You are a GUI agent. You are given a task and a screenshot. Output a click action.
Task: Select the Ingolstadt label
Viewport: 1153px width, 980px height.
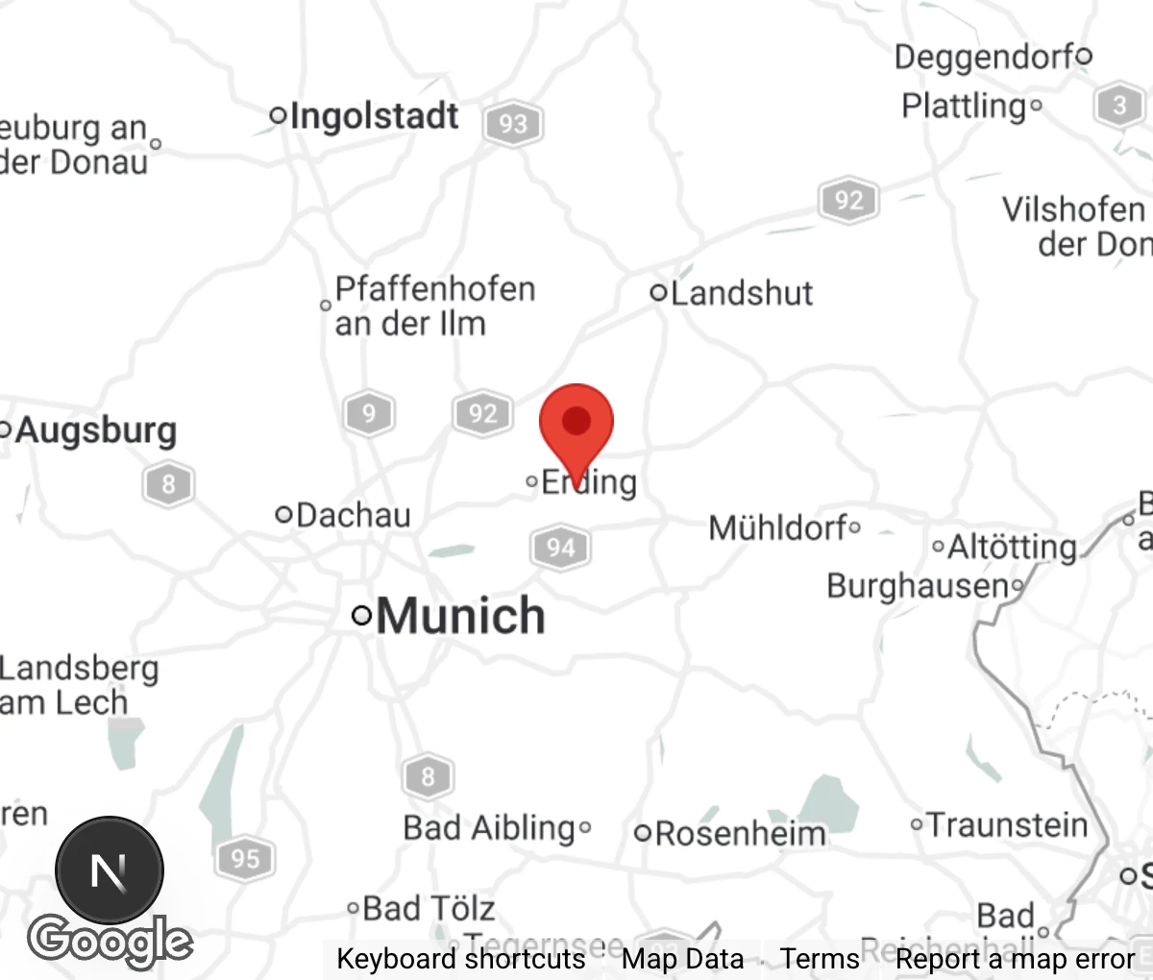[374, 116]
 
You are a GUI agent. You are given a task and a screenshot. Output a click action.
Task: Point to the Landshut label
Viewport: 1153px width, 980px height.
[741, 293]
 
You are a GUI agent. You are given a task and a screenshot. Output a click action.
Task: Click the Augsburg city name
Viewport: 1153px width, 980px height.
[96, 430]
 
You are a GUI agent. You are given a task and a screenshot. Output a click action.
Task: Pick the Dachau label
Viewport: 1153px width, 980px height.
[353, 515]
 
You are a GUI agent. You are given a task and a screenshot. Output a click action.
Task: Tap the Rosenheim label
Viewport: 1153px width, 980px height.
[740, 833]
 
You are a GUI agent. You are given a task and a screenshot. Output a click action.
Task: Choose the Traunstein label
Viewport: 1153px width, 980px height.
[1007, 825]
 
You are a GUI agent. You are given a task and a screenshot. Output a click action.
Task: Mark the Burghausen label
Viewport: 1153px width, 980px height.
[918, 585]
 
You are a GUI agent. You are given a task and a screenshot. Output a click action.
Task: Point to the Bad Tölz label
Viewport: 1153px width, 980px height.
[429, 908]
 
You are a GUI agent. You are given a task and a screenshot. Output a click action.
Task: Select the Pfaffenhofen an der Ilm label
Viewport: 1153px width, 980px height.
[433, 306]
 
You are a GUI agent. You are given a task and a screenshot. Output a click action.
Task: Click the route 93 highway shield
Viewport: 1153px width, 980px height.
[513, 124]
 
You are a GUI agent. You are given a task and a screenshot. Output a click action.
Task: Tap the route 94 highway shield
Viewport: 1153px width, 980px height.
[560, 548]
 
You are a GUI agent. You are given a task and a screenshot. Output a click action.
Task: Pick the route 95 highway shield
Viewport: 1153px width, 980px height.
[245, 858]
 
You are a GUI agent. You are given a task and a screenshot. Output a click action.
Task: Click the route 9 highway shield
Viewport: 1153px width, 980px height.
[369, 414]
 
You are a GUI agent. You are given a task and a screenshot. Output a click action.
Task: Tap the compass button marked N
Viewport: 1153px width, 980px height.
[109, 870]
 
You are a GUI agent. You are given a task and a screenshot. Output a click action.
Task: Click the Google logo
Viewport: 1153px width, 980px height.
[110, 941]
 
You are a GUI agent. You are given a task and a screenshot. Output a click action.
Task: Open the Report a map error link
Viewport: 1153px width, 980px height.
[1015, 959]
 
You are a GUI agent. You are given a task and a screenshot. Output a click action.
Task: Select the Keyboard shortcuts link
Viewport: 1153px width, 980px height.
[460, 959]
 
